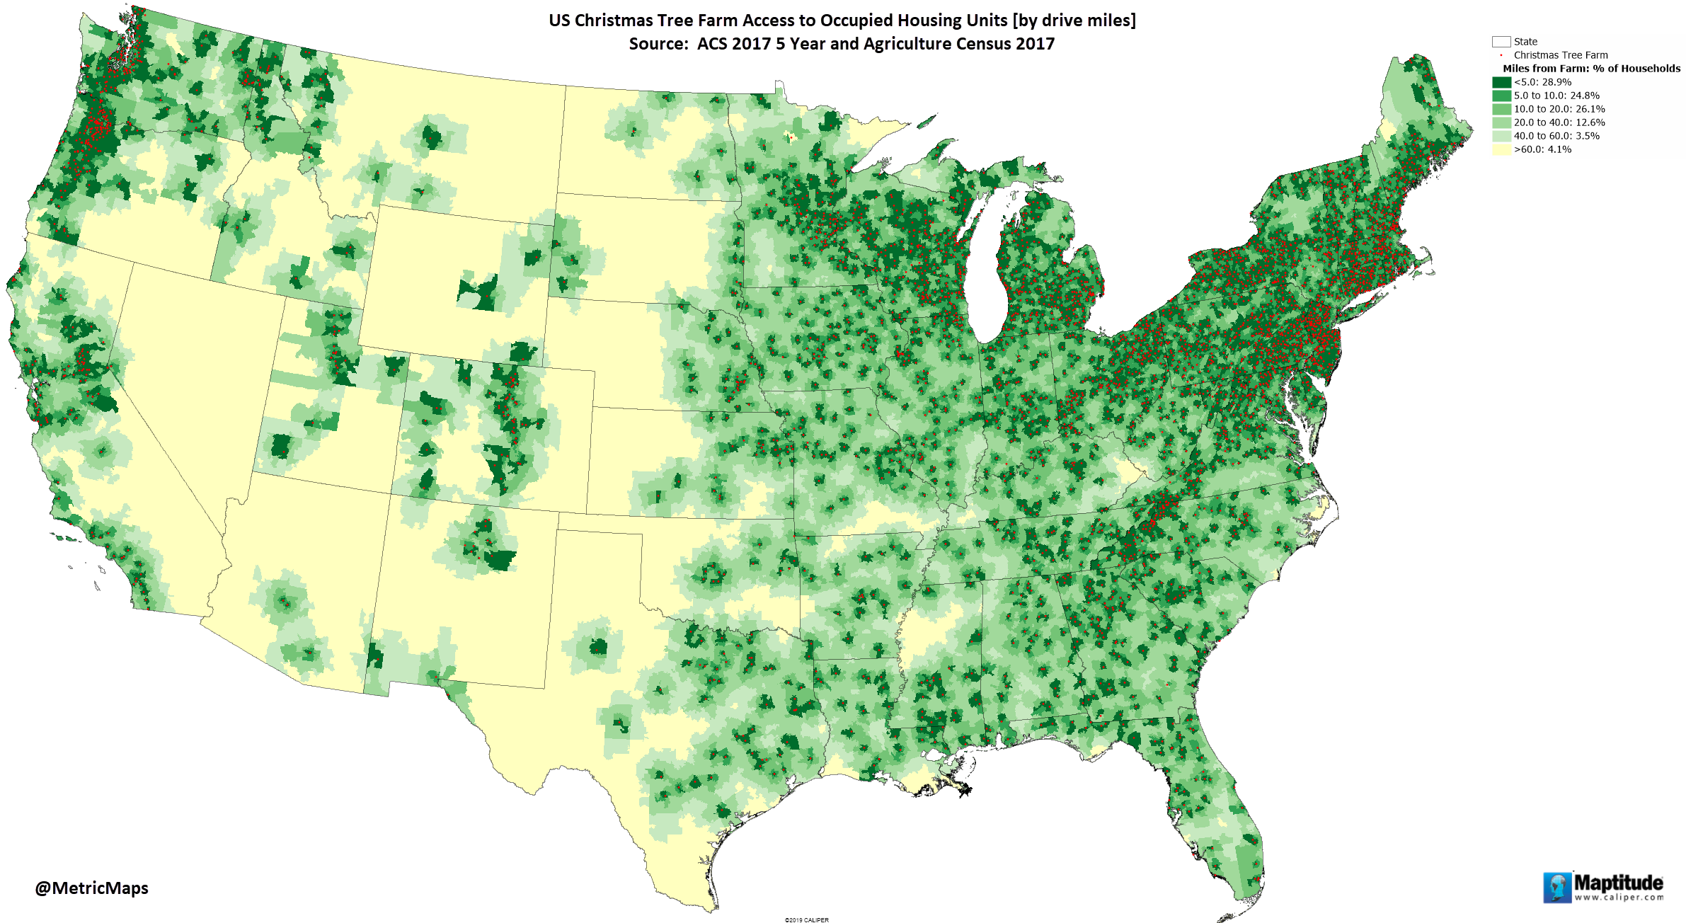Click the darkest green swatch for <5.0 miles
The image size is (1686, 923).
click(x=1501, y=82)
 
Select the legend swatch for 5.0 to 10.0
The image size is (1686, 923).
click(x=1501, y=96)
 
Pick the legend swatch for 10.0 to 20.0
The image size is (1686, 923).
click(x=1501, y=109)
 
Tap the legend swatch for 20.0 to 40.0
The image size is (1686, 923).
click(x=1501, y=122)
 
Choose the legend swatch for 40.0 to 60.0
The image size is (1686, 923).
click(x=1501, y=136)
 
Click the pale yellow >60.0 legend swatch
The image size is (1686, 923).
click(x=1501, y=149)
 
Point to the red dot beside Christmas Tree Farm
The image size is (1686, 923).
click(x=1501, y=55)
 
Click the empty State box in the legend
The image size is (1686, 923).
click(x=1501, y=42)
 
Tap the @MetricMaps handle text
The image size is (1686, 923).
click(x=91, y=888)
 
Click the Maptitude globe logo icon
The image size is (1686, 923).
click(x=1556, y=888)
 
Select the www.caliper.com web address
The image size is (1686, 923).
click(x=1619, y=898)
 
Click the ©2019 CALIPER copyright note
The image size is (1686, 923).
click(x=806, y=919)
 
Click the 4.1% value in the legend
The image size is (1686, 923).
click(x=1559, y=149)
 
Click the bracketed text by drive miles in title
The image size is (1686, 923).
click(x=1074, y=21)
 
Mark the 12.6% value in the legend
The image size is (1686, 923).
click(x=1590, y=122)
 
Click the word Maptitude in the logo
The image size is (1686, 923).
click(x=1618, y=883)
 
